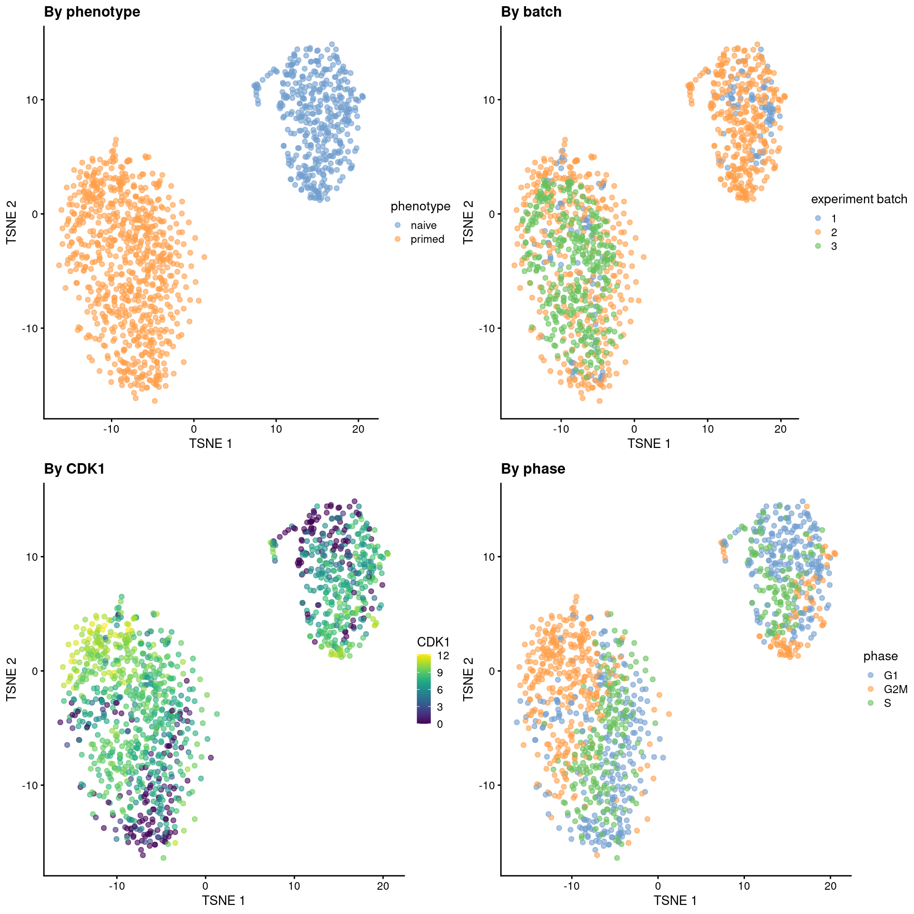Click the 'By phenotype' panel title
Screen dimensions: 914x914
coord(92,12)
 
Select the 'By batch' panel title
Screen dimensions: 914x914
coord(531,12)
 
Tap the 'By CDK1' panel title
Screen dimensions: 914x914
coord(74,469)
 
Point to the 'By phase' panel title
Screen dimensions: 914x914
coord(533,469)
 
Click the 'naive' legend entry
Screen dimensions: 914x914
coord(423,225)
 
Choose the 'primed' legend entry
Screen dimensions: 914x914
coord(427,239)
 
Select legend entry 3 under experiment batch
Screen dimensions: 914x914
coord(834,246)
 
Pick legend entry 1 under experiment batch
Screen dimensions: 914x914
coord(834,219)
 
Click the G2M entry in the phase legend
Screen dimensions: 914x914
coord(895,689)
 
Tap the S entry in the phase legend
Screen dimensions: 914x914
coord(887,703)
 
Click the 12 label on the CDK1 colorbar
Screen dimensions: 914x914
coord(443,656)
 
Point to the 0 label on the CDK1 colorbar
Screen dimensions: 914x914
coord(439,724)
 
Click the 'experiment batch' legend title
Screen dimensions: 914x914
coord(859,199)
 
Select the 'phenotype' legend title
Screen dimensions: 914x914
coord(420,206)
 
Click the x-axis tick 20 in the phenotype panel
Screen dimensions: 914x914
coord(358,429)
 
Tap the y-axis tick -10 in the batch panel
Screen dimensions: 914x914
coord(487,328)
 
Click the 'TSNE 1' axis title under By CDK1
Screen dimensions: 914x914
coord(223,901)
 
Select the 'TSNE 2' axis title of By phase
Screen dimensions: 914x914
coord(468,679)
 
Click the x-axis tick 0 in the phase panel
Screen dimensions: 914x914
coord(657,886)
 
